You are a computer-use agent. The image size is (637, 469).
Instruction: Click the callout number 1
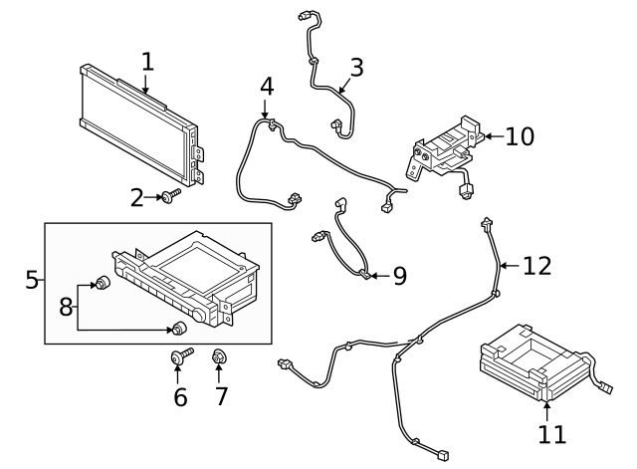(148, 62)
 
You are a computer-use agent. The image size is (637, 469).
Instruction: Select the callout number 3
(356, 68)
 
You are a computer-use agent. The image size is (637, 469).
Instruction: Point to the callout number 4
(267, 87)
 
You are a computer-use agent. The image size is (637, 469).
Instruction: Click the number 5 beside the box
(32, 280)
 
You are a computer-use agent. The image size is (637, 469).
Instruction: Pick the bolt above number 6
(181, 356)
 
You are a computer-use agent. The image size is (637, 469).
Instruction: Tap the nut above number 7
(219, 356)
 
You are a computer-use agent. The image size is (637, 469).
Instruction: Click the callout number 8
(66, 307)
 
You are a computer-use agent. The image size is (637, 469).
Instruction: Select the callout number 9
(400, 276)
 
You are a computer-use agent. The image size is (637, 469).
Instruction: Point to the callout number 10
(520, 136)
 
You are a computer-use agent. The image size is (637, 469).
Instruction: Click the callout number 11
(551, 434)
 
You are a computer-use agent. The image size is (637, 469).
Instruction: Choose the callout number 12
(536, 266)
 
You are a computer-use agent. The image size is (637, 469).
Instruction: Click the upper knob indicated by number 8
(102, 282)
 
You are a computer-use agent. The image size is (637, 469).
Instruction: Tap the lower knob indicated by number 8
(179, 328)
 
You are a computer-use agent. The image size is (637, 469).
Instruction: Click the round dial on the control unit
(200, 315)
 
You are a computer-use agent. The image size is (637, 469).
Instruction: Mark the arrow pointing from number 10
(495, 136)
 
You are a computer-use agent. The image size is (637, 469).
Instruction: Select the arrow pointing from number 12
(510, 266)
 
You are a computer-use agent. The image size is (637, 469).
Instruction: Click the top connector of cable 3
(304, 16)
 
